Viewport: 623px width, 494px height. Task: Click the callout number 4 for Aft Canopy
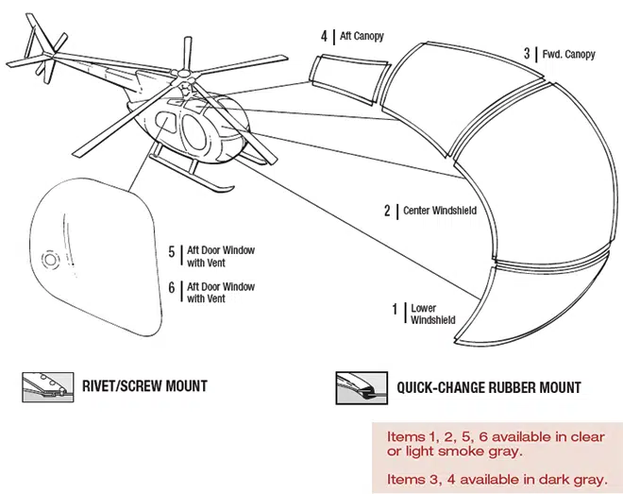324,37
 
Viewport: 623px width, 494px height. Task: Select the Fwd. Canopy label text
570,54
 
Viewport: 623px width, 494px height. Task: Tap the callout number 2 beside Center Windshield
386,211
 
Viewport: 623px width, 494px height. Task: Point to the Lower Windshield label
432,315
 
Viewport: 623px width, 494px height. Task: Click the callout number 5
172,252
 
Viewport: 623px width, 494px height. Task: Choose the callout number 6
172,288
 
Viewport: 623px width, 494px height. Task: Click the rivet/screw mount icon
44,385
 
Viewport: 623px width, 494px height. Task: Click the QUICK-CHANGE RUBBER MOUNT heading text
488,386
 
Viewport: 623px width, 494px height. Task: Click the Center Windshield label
439,211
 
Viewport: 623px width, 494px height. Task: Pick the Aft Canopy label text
363,37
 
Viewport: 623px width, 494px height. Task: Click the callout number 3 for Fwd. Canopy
528,54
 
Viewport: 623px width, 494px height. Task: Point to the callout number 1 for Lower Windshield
395,309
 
